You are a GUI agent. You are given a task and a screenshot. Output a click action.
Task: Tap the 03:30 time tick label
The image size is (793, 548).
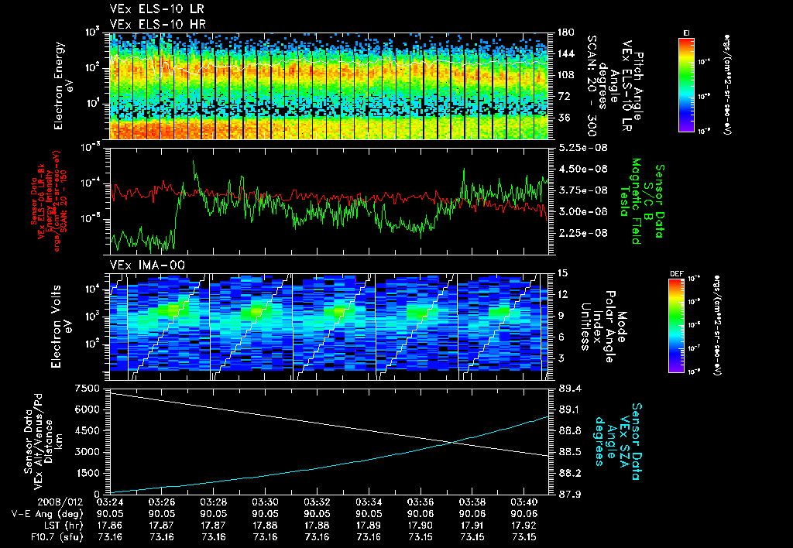266,502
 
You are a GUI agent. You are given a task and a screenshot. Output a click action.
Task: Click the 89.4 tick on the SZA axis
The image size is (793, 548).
569,387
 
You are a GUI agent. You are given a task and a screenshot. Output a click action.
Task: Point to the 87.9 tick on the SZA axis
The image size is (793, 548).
569,494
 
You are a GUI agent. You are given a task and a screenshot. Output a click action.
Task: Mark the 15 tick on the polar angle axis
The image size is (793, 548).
561,273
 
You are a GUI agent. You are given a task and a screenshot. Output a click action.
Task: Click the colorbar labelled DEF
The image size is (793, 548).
685,324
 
